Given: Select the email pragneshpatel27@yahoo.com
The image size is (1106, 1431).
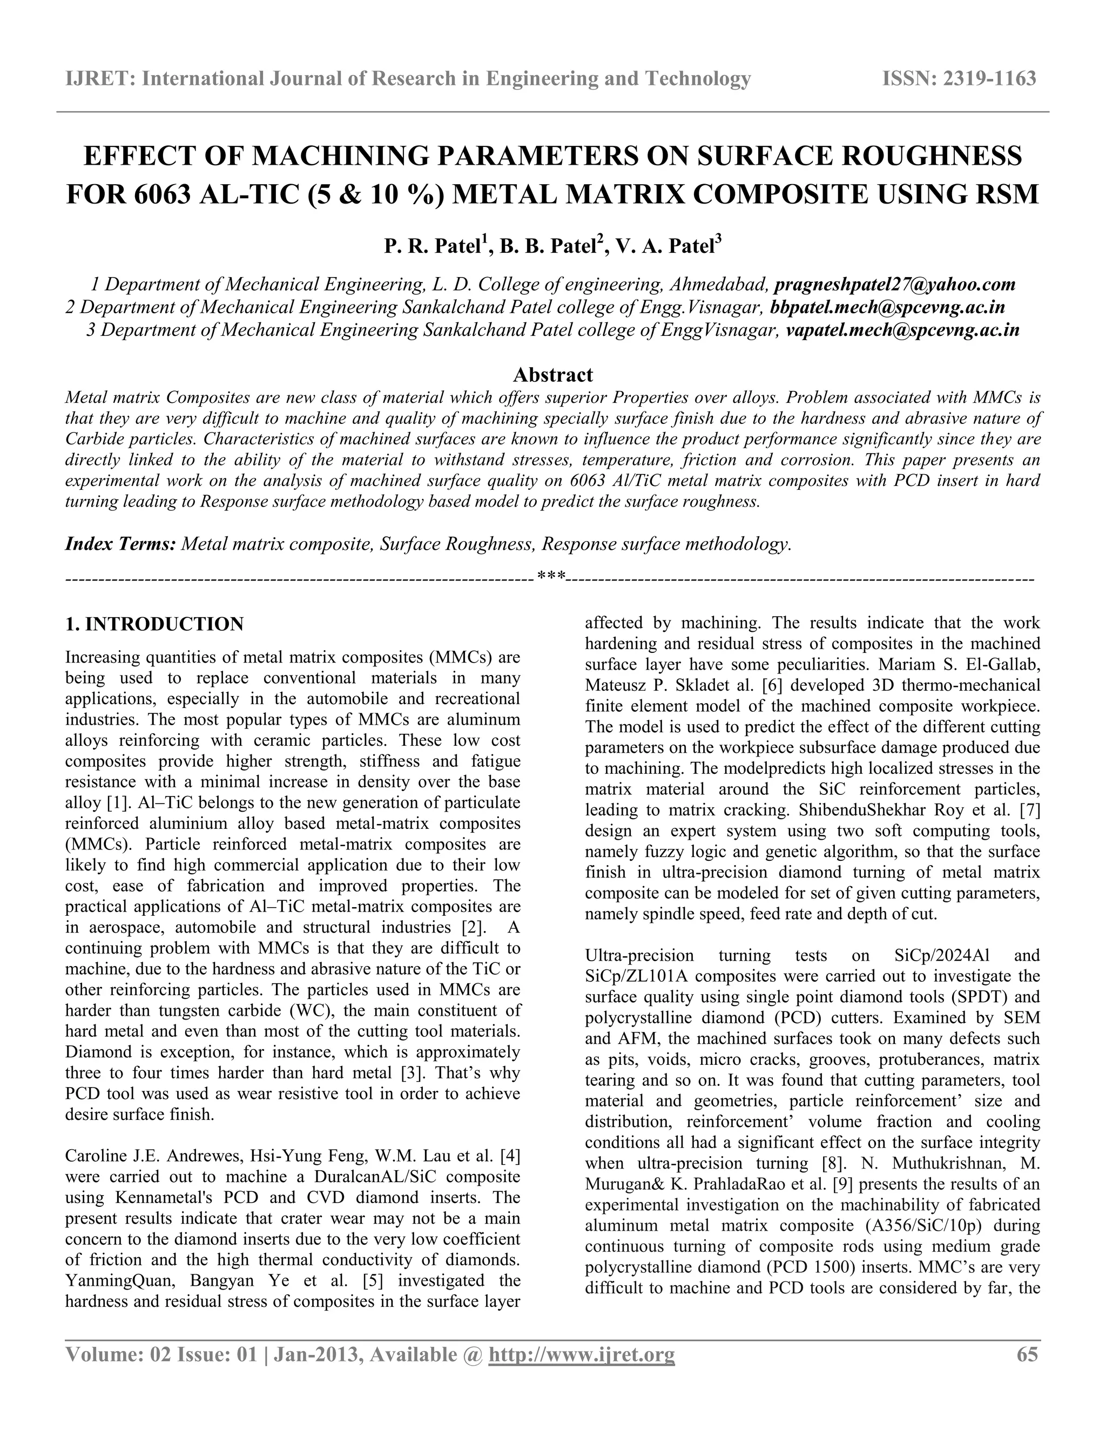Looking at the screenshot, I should (x=894, y=285).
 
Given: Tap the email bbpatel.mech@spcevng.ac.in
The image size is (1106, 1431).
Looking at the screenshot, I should (x=887, y=307).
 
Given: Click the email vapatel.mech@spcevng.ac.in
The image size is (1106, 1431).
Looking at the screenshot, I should (x=902, y=329).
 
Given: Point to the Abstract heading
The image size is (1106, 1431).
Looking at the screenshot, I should (x=552, y=375).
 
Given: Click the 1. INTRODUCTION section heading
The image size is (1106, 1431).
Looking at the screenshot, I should (x=154, y=624).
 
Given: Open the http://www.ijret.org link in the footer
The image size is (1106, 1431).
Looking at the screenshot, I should (x=582, y=1354).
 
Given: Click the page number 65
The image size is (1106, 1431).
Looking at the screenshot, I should (x=1027, y=1354).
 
